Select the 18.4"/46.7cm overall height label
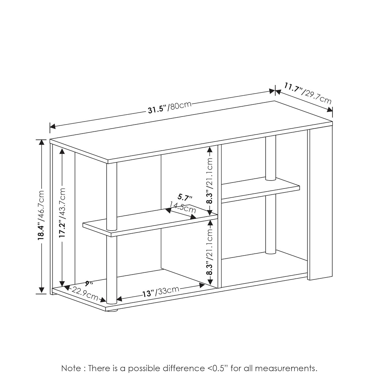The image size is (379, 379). click(x=41, y=215)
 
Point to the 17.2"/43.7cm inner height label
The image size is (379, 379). click(x=62, y=212)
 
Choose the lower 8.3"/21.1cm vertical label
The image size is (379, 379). click(x=209, y=252)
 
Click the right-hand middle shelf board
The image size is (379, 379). click(x=260, y=189)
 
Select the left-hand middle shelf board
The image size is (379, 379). click(x=150, y=220)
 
